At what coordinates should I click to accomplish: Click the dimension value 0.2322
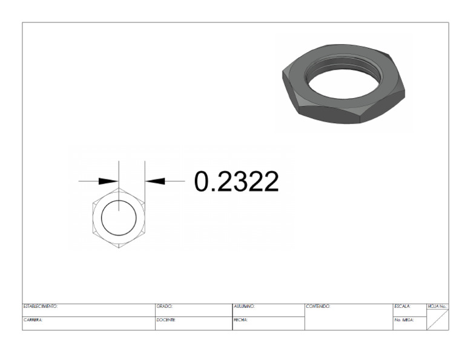pyautogui.click(x=236, y=181)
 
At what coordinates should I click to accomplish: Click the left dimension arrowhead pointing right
pyautogui.click(x=108, y=181)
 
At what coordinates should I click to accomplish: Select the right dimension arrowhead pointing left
pyautogui.click(x=155, y=181)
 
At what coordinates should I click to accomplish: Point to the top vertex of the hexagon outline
pyautogui.click(x=119, y=188)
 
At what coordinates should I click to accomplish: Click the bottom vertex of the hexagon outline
pyautogui.click(x=119, y=247)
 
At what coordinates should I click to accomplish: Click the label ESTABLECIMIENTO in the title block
pyautogui.click(x=41, y=306)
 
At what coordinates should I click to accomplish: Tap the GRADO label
pyautogui.click(x=164, y=306)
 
